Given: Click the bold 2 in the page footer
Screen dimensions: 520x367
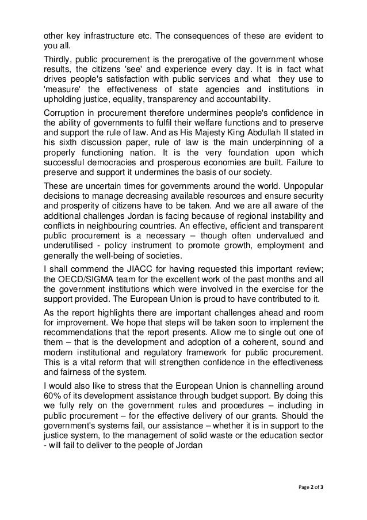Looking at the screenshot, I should pos(314,488).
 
